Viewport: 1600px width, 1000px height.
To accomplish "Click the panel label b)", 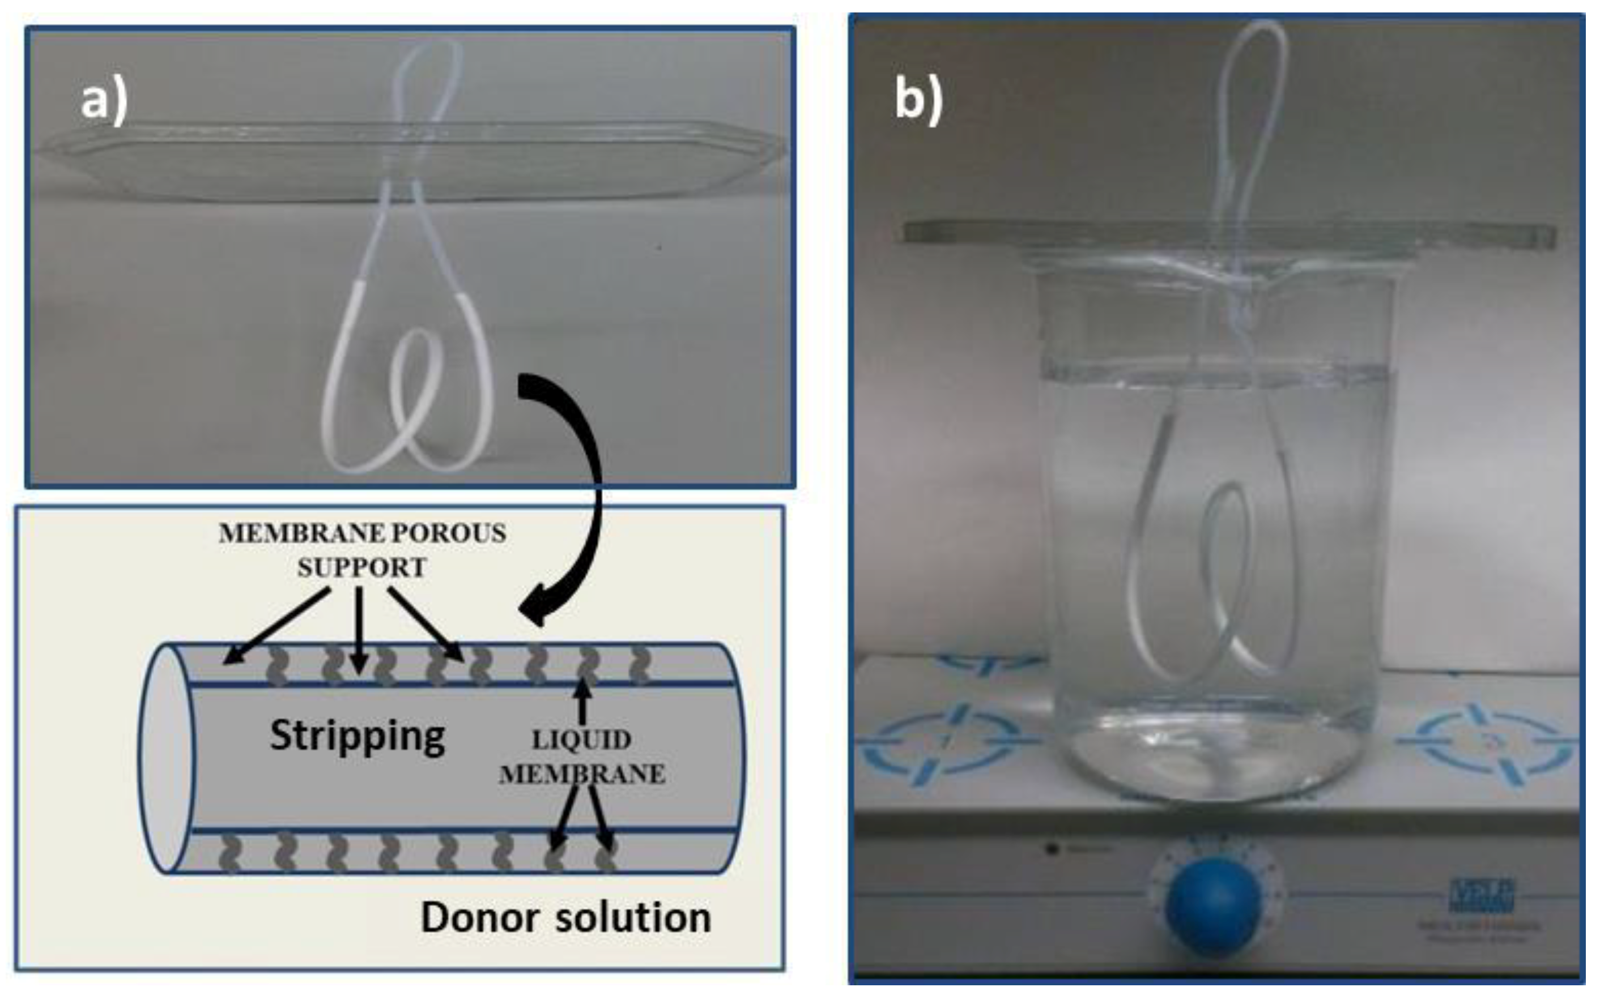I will (x=918, y=101).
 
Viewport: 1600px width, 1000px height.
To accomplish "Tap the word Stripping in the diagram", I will (x=358, y=736).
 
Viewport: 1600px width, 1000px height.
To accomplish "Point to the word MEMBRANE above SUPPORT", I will (x=292, y=533).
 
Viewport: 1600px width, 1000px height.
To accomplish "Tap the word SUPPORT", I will (x=361, y=567).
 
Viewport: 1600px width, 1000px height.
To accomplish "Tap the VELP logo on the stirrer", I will (x=1482, y=894).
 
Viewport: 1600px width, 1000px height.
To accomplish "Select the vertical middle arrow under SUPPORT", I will (x=359, y=629).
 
